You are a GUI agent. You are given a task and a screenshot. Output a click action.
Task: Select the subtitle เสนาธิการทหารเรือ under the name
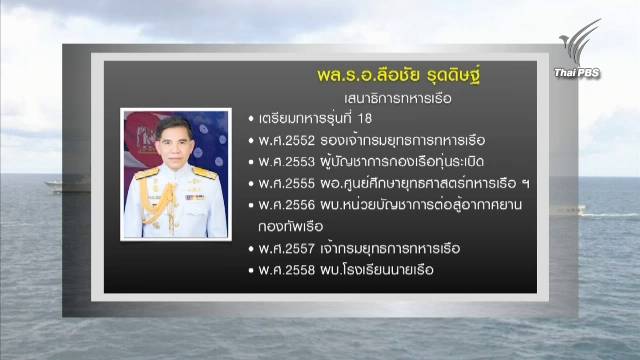click(365, 100)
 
